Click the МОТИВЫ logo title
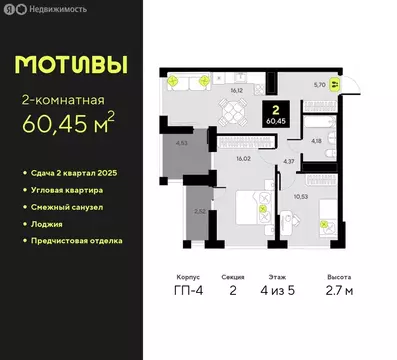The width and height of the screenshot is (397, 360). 70,64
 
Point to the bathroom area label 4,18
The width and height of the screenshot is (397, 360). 316,141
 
